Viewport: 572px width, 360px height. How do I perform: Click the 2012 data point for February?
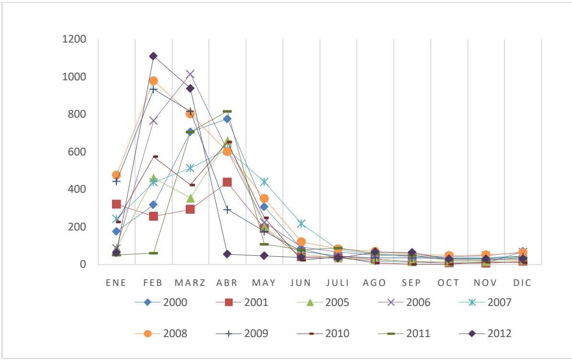pos(153,56)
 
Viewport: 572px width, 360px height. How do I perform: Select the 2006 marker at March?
pos(190,74)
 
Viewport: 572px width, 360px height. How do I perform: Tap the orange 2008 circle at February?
pos(153,81)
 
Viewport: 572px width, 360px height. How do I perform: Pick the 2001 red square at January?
pos(116,204)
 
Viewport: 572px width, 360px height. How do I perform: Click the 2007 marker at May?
pos(264,182)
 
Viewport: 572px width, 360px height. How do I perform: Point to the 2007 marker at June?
pos(301,223)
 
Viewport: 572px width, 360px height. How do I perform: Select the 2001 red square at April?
pos(227,182)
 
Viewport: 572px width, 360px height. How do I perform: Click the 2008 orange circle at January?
pos(116,175)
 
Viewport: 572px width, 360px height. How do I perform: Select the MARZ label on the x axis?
pos(190,283)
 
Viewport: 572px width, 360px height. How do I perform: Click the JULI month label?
pos(338,283)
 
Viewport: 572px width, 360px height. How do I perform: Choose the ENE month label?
pos(116,283)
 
